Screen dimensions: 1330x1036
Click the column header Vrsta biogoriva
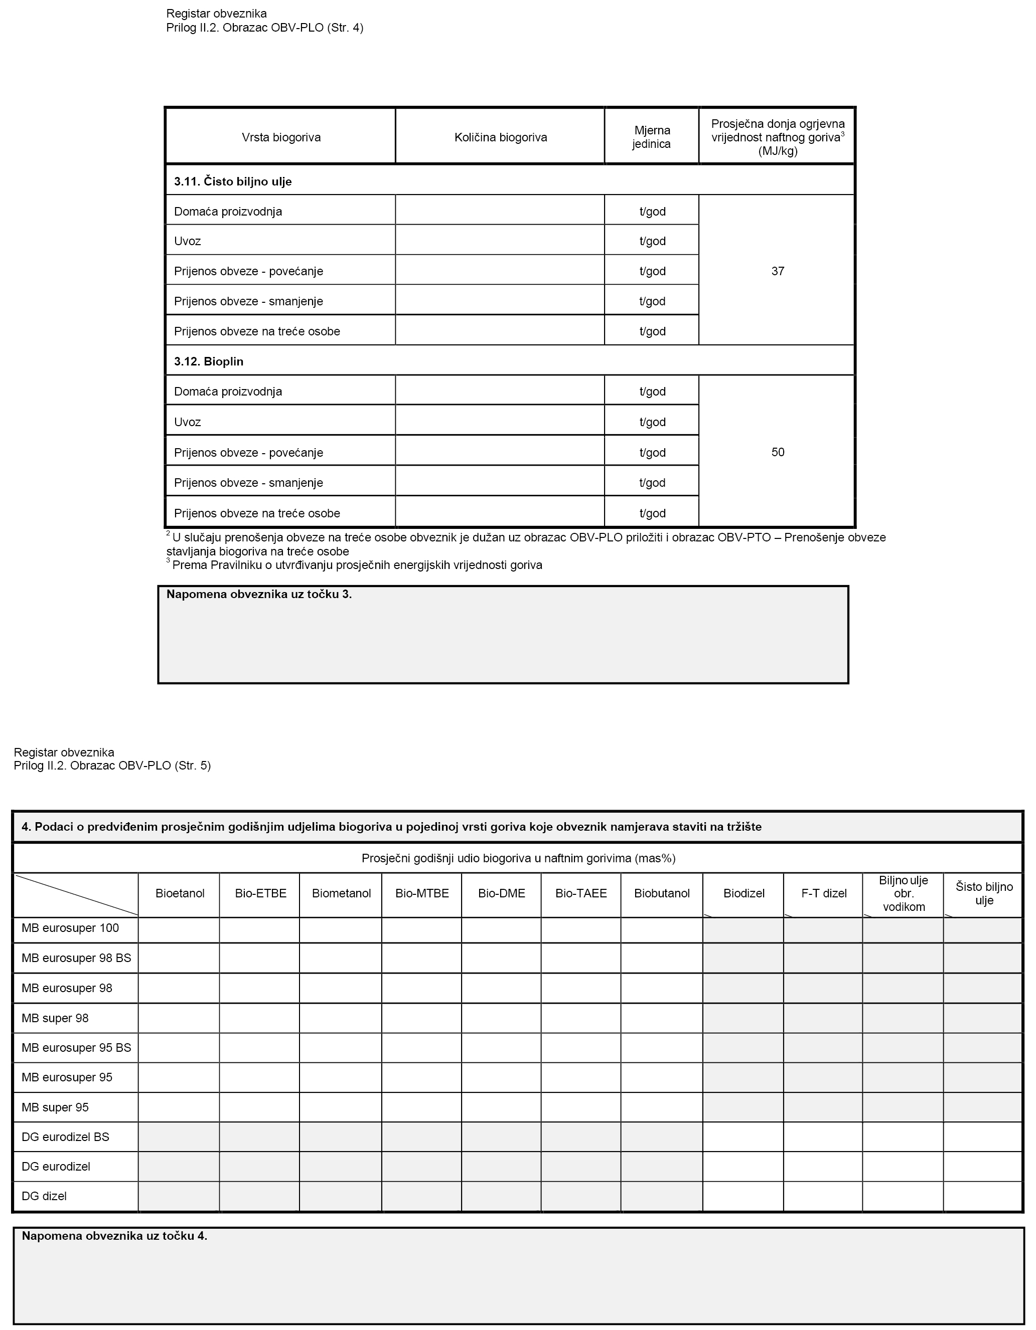(281, 137)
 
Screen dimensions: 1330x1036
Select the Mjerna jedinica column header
(652, 137)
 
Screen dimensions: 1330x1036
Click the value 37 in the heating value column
(778, 271)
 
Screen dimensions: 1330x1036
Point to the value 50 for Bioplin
(778, 452)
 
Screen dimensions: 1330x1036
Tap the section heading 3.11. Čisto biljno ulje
(233, 181)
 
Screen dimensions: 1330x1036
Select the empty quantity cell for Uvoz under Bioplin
(500, 422)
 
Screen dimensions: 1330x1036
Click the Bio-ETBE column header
(260, 893)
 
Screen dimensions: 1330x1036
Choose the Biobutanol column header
(662, 893)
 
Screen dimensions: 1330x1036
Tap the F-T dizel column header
(823, 893)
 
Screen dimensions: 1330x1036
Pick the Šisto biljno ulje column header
(984, 893)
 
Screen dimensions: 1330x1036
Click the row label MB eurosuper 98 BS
(76, 958)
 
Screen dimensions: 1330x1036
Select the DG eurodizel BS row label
(65, 1137)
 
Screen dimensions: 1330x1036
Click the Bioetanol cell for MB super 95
(179, 1107)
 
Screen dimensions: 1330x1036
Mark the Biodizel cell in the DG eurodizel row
(743, 1166)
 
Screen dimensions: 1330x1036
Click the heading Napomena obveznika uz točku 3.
(259, 595)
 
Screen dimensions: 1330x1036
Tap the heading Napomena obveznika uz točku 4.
(114, 1236)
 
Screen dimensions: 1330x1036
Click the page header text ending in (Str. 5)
(112, 766)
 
